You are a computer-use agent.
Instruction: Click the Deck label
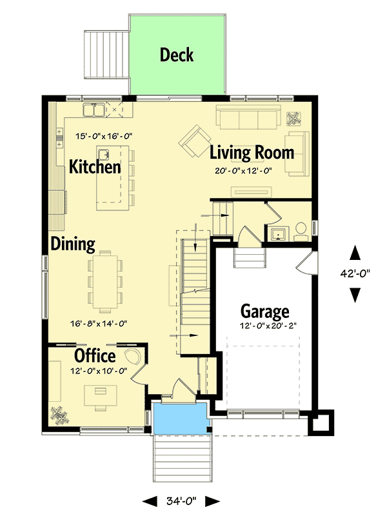click(x=177, y=55)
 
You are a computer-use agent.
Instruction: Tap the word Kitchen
click(x=95, y=167)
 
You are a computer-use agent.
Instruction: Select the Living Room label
click(x=252, y=153)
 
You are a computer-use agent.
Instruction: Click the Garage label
click(x=264, y=312)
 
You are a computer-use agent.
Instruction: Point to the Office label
click(x=95, y=355)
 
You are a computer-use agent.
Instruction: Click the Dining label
click(x=74, y=244)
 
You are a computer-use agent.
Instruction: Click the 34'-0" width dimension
click(x=181, y=501)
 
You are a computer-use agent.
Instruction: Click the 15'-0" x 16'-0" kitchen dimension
click(x=103, y=136)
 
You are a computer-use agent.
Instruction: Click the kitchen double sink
click(x=94, y=111)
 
